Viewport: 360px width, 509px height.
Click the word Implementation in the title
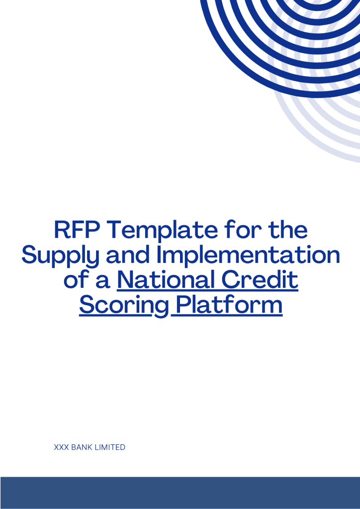248,255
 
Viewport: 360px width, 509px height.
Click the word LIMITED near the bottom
110,447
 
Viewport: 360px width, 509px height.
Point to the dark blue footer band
180,493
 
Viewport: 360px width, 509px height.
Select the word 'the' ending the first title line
288,231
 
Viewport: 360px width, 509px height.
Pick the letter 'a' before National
103,281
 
